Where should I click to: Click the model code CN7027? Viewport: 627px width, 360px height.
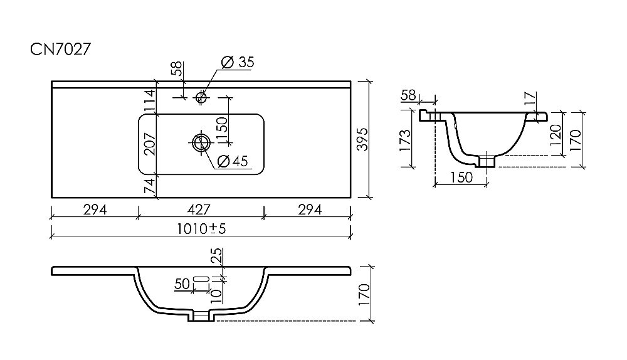click(61, 49)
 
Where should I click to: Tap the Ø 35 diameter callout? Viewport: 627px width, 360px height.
click(238, 62)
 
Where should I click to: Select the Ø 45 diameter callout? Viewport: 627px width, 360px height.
click(233, 161)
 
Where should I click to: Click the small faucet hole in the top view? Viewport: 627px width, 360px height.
click(201, 97)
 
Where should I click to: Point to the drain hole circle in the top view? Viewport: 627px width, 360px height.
click(201, 142)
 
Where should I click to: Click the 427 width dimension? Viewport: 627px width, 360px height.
click(199, 209)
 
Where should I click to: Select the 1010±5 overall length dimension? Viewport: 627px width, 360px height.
click(201, 229)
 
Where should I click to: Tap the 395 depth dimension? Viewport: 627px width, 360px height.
click(362, 139)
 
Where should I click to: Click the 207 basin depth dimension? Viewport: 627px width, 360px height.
click(149, 144)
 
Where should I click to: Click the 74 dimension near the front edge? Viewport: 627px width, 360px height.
click(149, 186)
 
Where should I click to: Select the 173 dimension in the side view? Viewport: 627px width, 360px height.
click(404, 140)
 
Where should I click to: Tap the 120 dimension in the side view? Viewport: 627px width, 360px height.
click(555, 135)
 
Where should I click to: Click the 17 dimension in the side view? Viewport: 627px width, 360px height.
click(529, 98)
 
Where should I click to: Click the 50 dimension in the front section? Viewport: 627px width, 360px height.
click(182, 283)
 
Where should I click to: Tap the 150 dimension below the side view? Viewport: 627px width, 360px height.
click(461, 177)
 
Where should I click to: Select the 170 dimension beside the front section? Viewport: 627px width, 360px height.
click(364, 294)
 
